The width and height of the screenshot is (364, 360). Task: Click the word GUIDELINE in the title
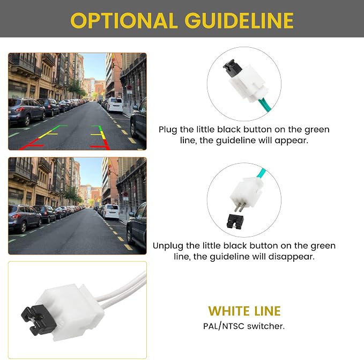tap(239, 20)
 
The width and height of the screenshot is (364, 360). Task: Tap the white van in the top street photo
tap(115, 105)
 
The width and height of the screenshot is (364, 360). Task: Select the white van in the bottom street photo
tap(111, 211)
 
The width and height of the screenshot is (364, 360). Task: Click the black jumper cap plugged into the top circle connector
tap(232, 67)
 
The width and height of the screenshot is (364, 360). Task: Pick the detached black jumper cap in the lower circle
tap(235, 221)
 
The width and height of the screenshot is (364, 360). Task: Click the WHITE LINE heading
tap(244, 311)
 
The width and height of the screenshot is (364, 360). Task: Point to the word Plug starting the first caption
tap(168, 130)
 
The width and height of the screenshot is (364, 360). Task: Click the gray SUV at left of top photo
tap(26, 111)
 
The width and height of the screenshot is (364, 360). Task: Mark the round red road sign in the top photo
tap(129, 87)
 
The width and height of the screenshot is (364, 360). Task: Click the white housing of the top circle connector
tap(248, 83)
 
